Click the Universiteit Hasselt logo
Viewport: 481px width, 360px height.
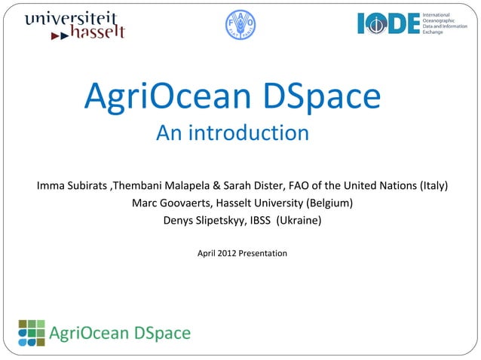point(74,25)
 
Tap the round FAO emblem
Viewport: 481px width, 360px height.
point(240,25)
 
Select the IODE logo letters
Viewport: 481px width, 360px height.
point(388,23)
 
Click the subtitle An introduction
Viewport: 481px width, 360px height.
point(232,134)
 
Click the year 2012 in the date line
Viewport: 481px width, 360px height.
point(225,254)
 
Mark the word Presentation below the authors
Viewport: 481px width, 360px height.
point(262,254)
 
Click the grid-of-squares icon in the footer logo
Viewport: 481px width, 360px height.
point(32,332)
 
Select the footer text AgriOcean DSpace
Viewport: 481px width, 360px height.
point(120,333)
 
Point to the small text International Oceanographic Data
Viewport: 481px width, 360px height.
point(448,23)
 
